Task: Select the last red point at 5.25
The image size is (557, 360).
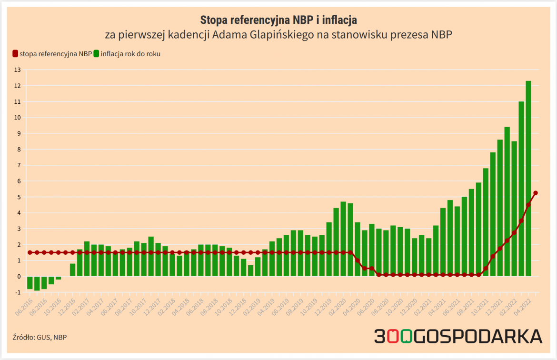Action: coord(536,193)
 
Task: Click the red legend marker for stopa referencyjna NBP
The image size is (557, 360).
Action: coord(15,54)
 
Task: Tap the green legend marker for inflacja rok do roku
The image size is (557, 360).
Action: coord(97,54)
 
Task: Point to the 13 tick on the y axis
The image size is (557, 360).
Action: coord(18,70)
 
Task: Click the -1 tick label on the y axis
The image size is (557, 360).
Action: coord(18,292)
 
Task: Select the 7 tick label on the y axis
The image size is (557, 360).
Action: coord(19,165)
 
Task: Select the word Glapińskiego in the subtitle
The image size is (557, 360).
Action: coord(279,35)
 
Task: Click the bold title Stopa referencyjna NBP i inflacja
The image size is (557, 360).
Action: coord(278,20)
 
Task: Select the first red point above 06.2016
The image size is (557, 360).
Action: coord(30,252)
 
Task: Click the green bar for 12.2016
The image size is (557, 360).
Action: coord(72,270)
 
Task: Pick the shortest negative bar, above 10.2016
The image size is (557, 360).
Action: coord(58,278)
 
